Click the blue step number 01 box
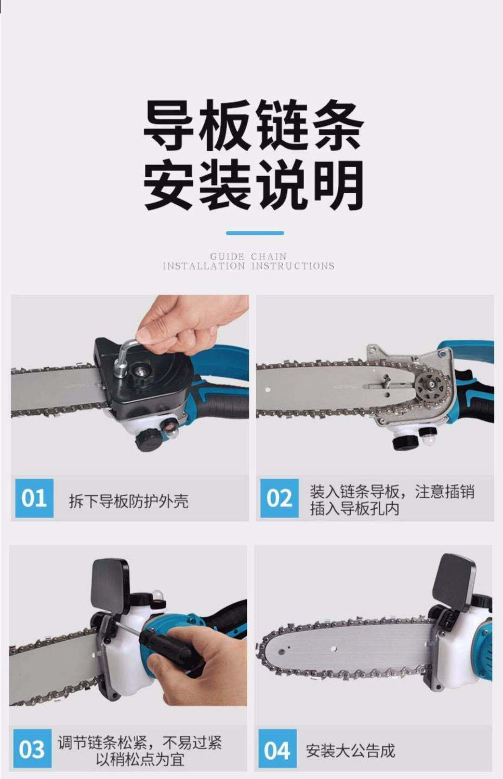pyautogui.click(x=34, y=498)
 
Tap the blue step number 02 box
pyautogui.click(x=279, y=498)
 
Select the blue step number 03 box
pyautogui.click(x=32, y=749)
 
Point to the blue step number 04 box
pyautogui.click(x=277, y=749)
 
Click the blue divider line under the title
pyautogui.click(x=255, y=233)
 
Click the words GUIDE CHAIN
pyautogui.click(x=248, y=256)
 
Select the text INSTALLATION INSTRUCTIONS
pyautogui.click(x=248, y=266)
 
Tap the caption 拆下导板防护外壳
pyautogui.click(x=128, y=501)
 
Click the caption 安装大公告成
pyautogui.click(x=350, y=750)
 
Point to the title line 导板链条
pyautogui.click(x=253, y=126)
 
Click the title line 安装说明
pyautogui.click(x=253, y=185)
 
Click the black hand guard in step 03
pyautogui.click(x=110, y=583)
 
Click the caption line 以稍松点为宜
pyautogui.click(x=140, y=759)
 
